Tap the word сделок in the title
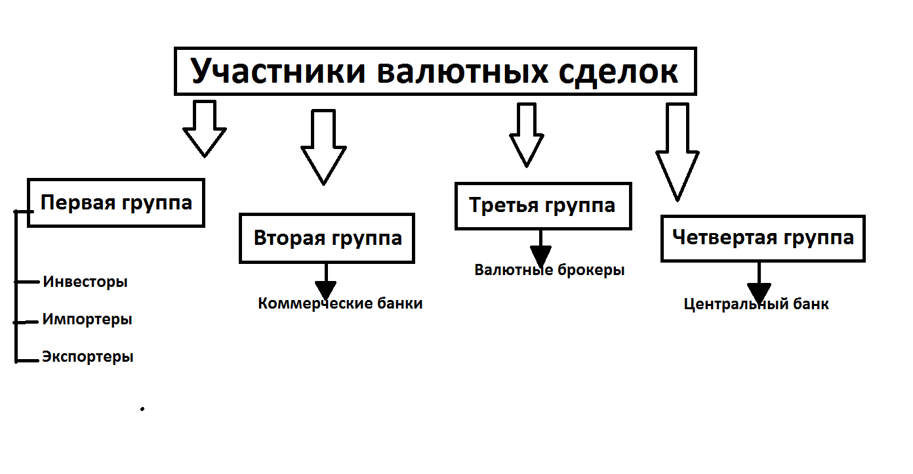coord(619,71)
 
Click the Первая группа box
coord(116,202)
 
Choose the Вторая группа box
coord(327,238)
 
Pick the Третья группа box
coord(542,205)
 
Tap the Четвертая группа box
coord(763,238)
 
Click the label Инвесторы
coord(85,282)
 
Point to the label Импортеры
coord(87,320)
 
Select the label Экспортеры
coord(88,357)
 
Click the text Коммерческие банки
coord(340,304)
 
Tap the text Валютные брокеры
coord(550,270)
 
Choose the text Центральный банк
coord(756,305)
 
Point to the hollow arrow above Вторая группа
coord(323,148)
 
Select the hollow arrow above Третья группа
coord(527,135)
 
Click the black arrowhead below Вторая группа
coord(325,289)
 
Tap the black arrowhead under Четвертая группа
coord(759,291)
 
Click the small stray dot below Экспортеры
coord(142,409)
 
